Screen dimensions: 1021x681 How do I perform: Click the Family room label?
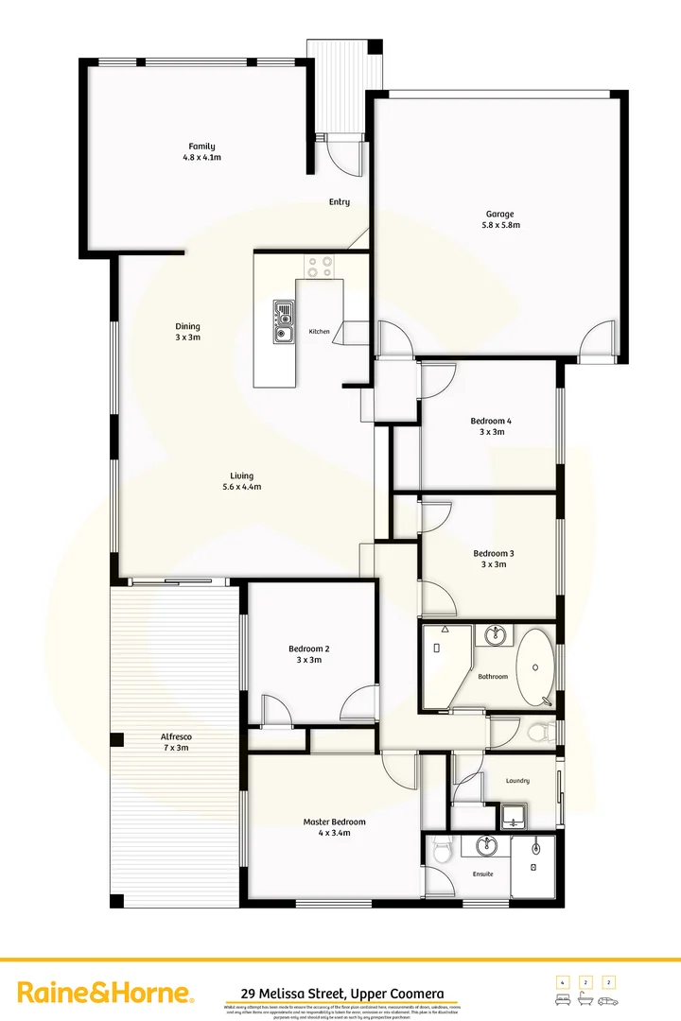201,147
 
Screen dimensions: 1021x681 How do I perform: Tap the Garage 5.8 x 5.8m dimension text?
500,225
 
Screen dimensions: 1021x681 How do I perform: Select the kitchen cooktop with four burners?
319,268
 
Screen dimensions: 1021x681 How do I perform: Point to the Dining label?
187,326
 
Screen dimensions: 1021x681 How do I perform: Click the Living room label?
241,476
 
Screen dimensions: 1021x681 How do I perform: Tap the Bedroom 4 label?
491,421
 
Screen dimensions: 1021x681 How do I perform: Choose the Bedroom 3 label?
493,553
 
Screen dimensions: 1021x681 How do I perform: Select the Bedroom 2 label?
308,649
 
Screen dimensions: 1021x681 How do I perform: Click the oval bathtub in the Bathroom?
535,666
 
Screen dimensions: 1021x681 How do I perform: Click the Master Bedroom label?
334,822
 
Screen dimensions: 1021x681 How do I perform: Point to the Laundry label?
516,781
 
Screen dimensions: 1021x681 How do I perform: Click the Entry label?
340,201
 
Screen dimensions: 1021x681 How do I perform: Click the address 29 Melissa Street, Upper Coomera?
336,994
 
